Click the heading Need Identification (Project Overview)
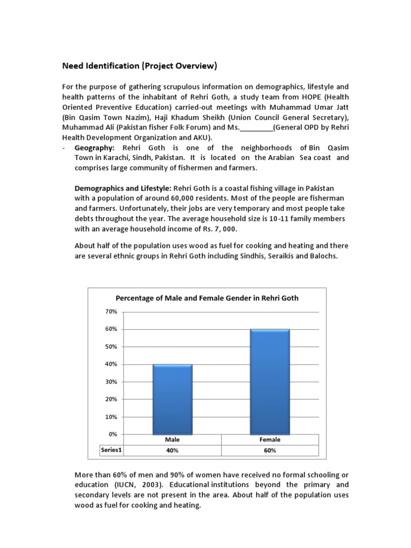pyautogui.click(x=140, y=66)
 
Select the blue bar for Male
pyautogui.click(x=172, y=399)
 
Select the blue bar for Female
pyautogui.click(x=270, y=382)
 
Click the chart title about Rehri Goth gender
pyautogui.click(x=207, y=298)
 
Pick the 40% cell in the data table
pyautogui.click(x=172, y=451)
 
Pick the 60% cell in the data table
pyautogui.click(x=270, y=451)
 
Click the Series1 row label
pyautogui.click(x=111, y=450)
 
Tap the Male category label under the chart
pyautogui.click(x=172, y=439)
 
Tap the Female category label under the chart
pyautogui.click(x=270, y=439)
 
